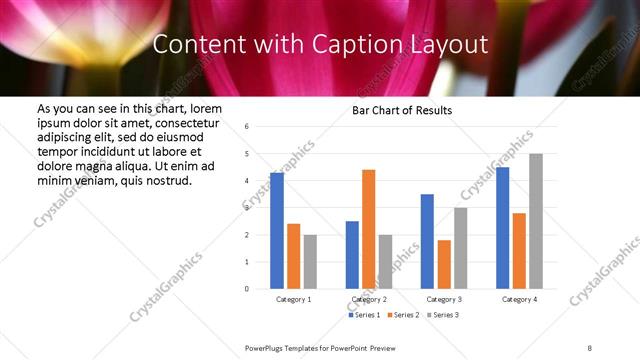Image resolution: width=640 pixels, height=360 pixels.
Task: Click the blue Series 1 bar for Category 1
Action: [x=277, y=231]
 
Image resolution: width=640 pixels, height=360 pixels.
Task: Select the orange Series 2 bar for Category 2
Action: [x=368, y=229]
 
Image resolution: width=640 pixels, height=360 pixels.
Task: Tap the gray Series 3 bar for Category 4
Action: [x=536, y=221]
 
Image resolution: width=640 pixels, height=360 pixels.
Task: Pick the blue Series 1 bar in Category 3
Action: [x=427, y=241]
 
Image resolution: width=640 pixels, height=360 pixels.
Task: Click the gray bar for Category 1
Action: [x=310, y=261]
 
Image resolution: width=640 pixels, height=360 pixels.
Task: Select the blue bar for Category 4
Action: [x=502, y=228]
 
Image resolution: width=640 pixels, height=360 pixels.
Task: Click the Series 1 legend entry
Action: [x=363, y=315]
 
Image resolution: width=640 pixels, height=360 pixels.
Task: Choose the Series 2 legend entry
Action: [x=401, y=315]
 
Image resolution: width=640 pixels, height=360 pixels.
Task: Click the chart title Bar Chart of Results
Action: [x=402, y=110]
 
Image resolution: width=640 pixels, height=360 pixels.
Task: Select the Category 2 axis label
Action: [x=369, y=299]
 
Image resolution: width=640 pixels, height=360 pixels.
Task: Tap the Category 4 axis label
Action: [x=519, y=299]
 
